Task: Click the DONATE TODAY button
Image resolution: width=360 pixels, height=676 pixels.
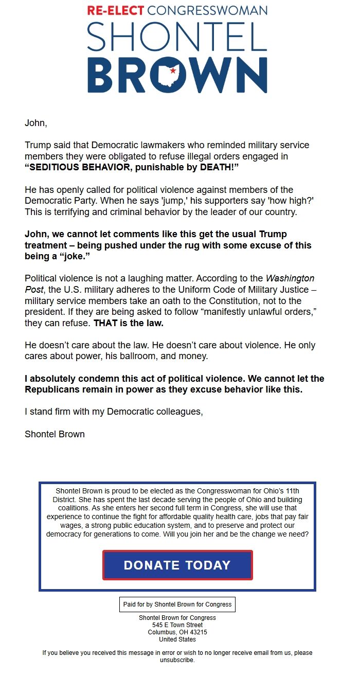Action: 177,565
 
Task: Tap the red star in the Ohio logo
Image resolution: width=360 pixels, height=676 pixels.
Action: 173,70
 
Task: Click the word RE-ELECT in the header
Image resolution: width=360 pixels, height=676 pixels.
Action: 116,10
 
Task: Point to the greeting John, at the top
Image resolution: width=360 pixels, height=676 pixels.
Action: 35,123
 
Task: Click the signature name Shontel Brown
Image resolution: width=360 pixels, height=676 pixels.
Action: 55,434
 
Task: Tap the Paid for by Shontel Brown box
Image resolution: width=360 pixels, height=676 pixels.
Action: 177,604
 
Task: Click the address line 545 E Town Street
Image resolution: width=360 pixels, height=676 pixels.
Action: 177,625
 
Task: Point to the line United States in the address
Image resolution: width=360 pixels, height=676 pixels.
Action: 177,639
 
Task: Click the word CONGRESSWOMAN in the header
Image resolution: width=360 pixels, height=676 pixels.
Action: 207,10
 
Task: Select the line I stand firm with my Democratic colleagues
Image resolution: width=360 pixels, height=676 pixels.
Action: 114,412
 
